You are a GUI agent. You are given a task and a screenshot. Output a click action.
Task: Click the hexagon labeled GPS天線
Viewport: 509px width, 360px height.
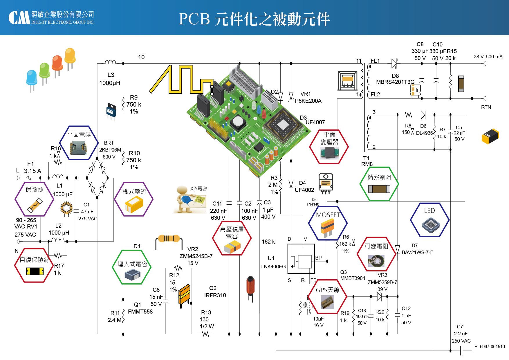[x=327, y=296]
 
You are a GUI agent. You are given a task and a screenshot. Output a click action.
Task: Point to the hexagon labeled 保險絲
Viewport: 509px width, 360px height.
[x=35, y=199]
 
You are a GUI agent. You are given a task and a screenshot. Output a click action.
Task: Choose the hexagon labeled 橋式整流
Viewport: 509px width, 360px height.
[x=134, y=199]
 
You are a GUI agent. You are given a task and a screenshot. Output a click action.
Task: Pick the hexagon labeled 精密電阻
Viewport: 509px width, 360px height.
[x=379, y=184]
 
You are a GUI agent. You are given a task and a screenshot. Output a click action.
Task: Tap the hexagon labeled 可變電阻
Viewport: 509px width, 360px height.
[x=376, y=254]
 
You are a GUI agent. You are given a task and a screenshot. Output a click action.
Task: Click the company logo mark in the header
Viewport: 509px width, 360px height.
[x=19, y=18]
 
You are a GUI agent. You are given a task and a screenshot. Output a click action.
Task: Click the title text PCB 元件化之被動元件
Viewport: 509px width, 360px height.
[x=254, y=19]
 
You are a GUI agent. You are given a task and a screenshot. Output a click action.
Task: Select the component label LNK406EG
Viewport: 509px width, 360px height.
[x=273, y=267]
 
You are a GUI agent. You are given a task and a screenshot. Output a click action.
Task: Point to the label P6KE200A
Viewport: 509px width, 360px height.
[x=308, y=101]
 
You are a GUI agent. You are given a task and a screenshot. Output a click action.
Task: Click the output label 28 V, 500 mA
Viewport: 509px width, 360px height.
[x=488, y=57]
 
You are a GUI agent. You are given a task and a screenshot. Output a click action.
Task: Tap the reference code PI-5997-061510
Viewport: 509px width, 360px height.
[x=490, y=346]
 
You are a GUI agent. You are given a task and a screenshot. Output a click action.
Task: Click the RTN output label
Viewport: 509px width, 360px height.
[x=486, y=107]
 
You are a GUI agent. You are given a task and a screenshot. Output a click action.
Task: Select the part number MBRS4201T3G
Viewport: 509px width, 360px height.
[x=395, y=82]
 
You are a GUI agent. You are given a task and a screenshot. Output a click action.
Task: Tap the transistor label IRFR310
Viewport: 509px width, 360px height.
[x=215, y=295]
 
